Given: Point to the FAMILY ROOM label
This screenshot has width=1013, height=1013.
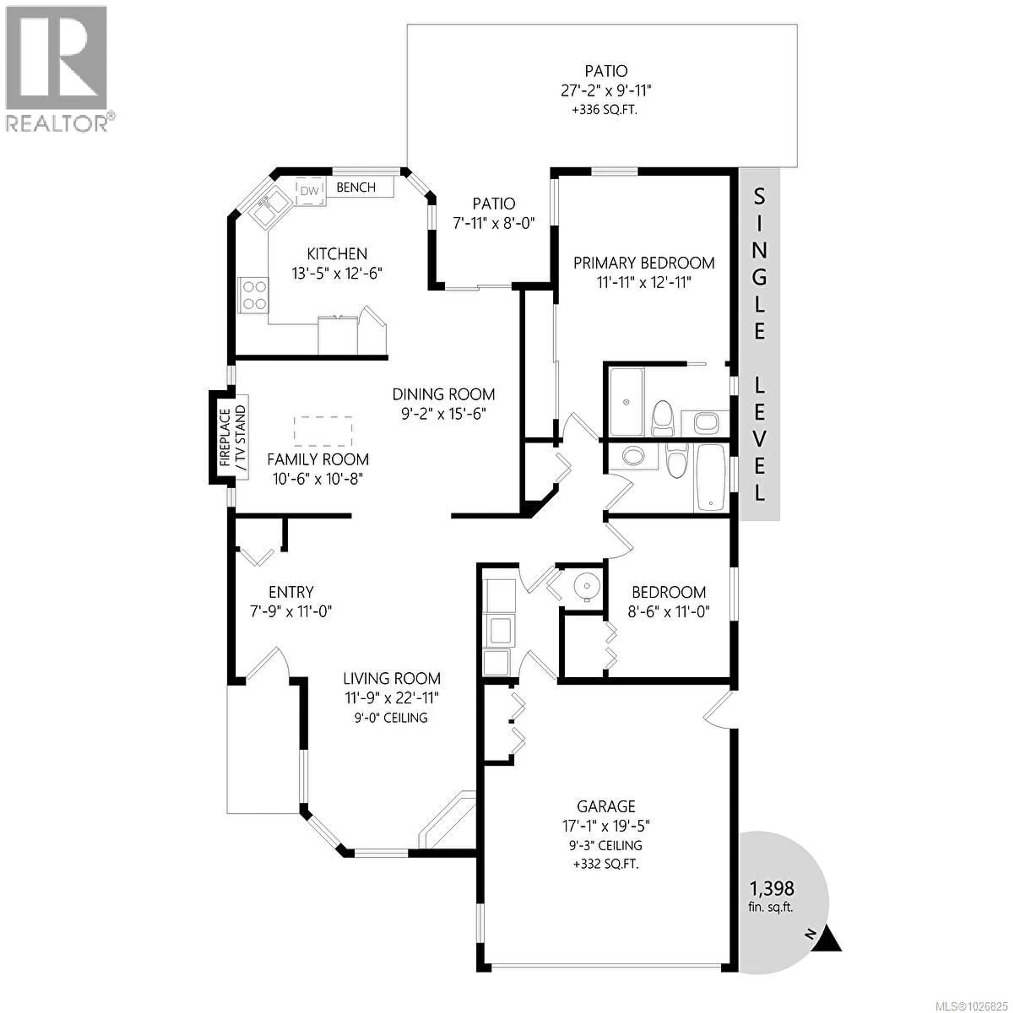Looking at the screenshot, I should [318, 460].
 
